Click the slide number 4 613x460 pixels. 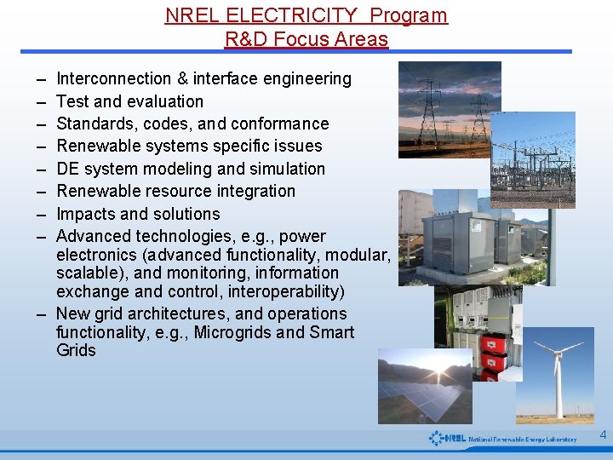point(603,435)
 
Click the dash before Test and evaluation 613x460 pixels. point(41,101)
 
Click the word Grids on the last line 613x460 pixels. point(76,350)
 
